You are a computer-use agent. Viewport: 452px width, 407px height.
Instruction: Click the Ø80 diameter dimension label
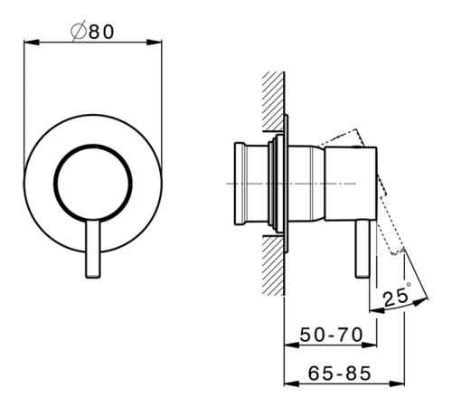pyautogui.click(x=93, y=31)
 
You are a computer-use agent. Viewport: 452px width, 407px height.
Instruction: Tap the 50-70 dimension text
pyautogui.click(x=332, y=335)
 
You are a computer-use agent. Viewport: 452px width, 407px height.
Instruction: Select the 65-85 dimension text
pyautogui.click(x=340, y=374)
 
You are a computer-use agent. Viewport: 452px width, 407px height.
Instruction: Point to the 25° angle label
pyautogui.click(x=397, y=296)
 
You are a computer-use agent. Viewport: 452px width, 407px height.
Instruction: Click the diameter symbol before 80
pyautogui.click(x=79, y=31)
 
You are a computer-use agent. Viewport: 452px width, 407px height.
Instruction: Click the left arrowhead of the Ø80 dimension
pyautogui.click(x=31, y=43)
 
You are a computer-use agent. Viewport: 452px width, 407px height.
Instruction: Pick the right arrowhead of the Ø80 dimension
pyautogui.click(x=154, y=43)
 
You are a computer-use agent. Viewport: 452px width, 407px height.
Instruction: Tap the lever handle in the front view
pyautogui.click(x=93, y=249)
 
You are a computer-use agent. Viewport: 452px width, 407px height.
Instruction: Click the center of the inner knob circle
pyautogui.click(x=93, y=183)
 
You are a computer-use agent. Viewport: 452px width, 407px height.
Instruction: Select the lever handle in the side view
pyautogui.click(x=363, y=249)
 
